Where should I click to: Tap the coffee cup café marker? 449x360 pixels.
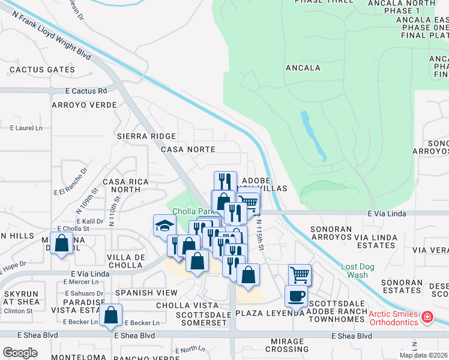coord(297,296)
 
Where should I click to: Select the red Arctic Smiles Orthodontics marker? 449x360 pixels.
coord(427,316)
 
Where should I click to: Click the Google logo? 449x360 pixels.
coord(20,352)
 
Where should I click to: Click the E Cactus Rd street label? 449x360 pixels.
coord(86,91)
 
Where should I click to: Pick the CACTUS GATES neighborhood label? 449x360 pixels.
coord(42,70)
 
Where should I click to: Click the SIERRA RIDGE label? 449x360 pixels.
coord(147,137)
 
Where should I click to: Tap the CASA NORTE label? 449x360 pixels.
coord(188,149)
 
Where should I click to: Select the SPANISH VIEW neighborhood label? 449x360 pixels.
coord(146,292)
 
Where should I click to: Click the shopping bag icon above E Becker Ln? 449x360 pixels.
coord(111,314)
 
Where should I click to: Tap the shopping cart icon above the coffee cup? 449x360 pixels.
coord(300,275)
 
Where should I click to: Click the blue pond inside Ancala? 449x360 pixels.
coord(313,135)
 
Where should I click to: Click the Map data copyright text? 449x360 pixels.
coord(423,355)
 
